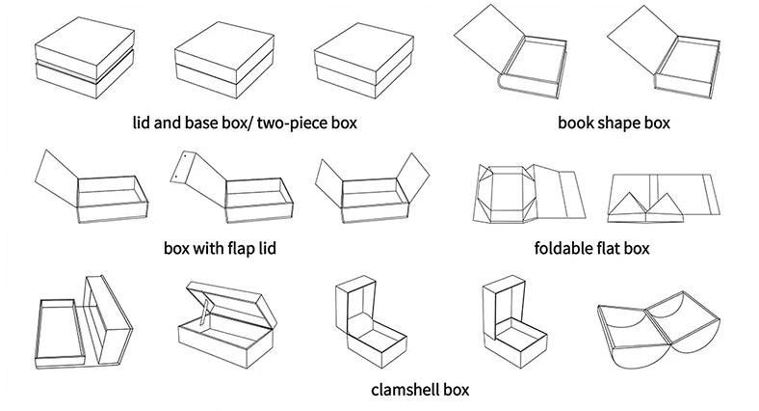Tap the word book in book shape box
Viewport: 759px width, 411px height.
click(x=574, y=123)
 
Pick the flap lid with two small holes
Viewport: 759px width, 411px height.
click(x=197, y=175)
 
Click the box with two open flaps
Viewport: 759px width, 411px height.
click(x=372, y=189)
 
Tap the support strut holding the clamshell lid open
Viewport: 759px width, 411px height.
click(x=206, y=313)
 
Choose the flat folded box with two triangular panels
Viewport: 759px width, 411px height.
click(x=664, y=198)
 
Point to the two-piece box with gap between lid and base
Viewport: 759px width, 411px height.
click(x=84, y=58)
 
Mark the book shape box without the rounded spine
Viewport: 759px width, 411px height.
click(x=664, y=52)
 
